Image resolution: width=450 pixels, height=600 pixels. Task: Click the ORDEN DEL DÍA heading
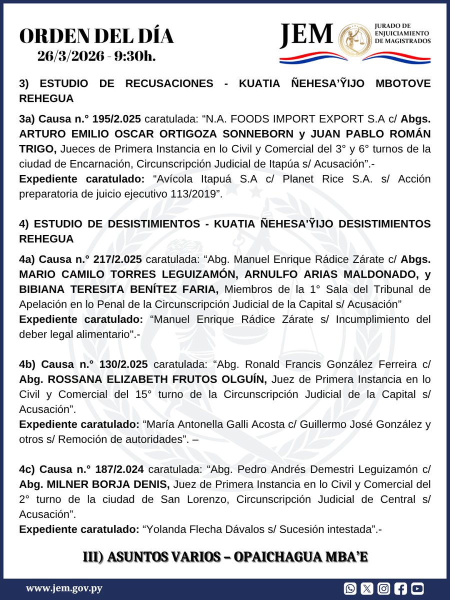pyautogui.click(x=96, y=36)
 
